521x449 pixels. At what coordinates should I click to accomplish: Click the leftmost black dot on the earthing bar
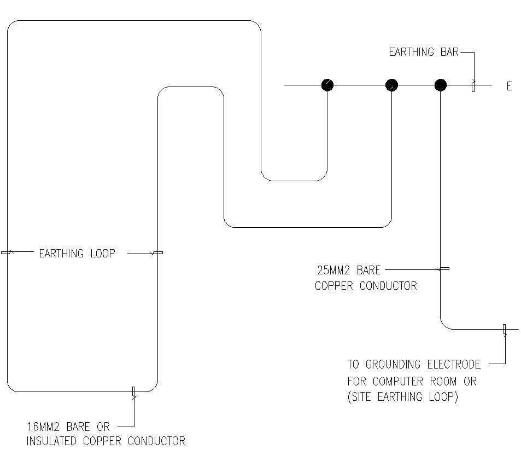tap(327, 85)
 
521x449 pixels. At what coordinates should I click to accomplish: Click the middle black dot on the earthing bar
tap(391, 85)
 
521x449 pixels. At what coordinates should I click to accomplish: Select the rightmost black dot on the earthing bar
tap(440, 85)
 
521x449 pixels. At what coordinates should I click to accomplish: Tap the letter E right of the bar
tap(509, 86)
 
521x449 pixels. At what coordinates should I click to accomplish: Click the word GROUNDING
tap(393, 364)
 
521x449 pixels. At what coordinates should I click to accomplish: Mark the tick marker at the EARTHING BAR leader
tap(473, 85)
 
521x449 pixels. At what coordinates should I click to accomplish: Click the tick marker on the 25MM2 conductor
tap(444, 269)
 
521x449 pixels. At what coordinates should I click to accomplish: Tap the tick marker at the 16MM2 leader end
tap(133, 392)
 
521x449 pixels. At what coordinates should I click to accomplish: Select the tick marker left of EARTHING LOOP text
tap(6, 252)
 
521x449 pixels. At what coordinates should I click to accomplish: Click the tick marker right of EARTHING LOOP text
tap(157, 253)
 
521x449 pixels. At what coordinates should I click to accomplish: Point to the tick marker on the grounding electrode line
tap(505, 329)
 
